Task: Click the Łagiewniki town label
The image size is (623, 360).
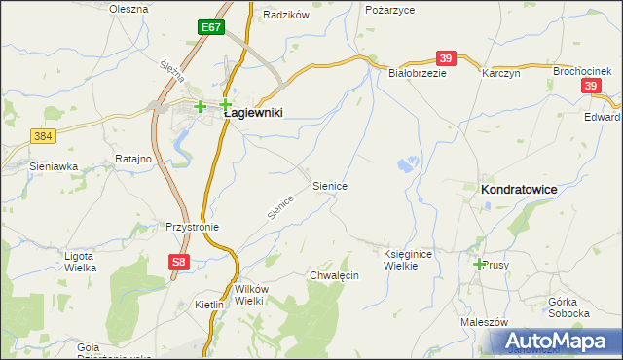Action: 253,113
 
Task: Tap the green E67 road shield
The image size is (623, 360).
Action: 210,27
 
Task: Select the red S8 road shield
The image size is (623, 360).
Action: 176,262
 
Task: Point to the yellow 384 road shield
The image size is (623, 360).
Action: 42,138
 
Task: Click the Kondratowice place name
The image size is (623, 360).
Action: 519,191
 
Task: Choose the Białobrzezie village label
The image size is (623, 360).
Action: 417,73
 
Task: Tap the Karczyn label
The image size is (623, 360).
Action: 501,73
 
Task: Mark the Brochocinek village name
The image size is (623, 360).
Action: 582,72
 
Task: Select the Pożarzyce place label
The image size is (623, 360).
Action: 389,9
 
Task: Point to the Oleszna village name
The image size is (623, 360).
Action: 128,9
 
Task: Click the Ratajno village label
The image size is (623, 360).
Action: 132,158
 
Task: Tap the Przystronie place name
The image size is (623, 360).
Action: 192,227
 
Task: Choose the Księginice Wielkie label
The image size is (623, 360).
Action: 407,259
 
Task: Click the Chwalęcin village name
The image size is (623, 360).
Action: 334,276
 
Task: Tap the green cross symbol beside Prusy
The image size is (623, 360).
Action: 479,264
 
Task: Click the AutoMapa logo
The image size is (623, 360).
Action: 556,342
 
